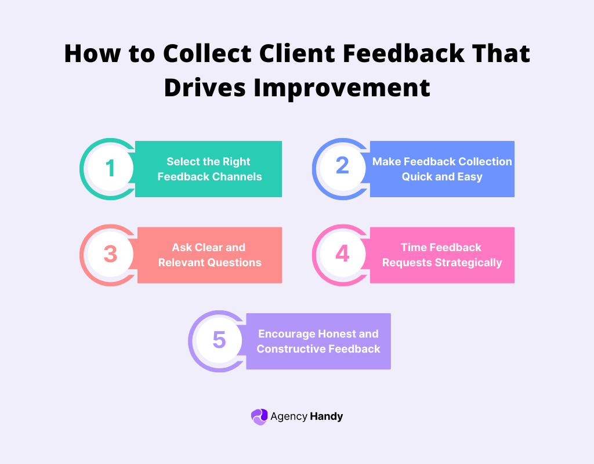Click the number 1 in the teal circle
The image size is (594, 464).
(110, 169)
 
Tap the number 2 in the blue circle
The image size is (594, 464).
(342, 166)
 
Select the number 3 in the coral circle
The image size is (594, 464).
(110, 255)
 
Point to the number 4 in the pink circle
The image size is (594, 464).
(342, 254)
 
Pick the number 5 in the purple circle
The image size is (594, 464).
(219, 340)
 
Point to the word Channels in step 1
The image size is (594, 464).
(238, 176)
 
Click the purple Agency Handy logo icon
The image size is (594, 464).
(259, 416)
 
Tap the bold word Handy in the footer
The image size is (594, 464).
(327, 416)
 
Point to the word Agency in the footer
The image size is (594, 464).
(288, 416)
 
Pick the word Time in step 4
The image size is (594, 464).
(414, 247)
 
